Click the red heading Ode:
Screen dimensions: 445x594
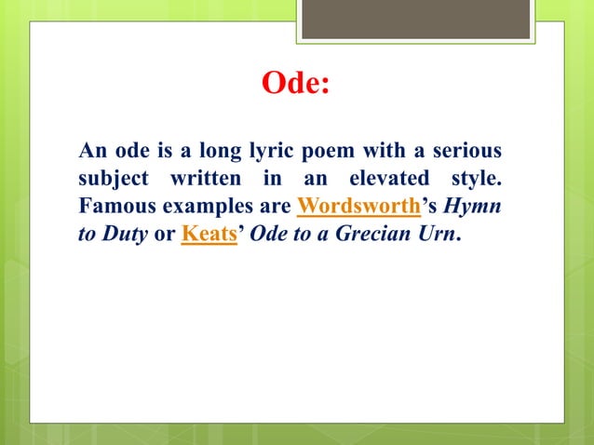(x=296, y=84)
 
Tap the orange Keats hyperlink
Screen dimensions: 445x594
(x=208, y=234)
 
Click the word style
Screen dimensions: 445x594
(x=479, y=178)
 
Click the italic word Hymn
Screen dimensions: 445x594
(x=477, y=206)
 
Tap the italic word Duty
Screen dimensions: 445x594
(x=124, y=234)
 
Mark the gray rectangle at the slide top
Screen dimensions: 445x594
(x=415, y=20)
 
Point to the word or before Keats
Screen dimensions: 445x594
(x=164, y=234)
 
